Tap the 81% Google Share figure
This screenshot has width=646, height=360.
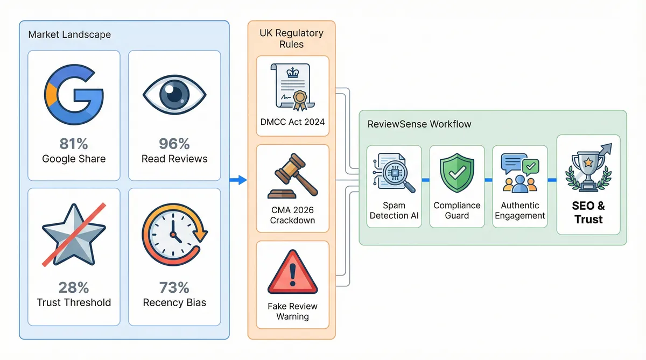pyautogui.click(x=74, y=144)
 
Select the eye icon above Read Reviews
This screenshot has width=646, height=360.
pyautogui.click(x=174, y=95)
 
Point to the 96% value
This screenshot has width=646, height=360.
pyautogui.click(x=174, y=144)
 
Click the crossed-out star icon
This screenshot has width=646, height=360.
pyautogui.click(x=74, y=235)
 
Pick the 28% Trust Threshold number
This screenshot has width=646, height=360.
pyautogui.click(x=74, y=287)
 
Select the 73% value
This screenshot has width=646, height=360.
pyautogui.click(x=174, y=287)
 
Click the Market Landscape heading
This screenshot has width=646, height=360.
pyautogui.click(x=69, y=34)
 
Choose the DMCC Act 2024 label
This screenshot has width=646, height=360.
pyautogui.click(x=292, y=122)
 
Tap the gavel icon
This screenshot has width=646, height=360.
pyautogui.click(x=292, y=178)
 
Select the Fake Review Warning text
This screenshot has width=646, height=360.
pyautogui.click(x=292, y=311)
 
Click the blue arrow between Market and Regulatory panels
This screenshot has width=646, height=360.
pyautogui.click(x=238, y=180)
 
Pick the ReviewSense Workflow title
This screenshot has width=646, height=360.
pyautogui.click(x=419, y=124)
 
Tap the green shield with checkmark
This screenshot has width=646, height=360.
pyautogui.click(x=457, y=173)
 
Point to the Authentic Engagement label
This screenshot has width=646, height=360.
pyautogui.click(x=520, y=210)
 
